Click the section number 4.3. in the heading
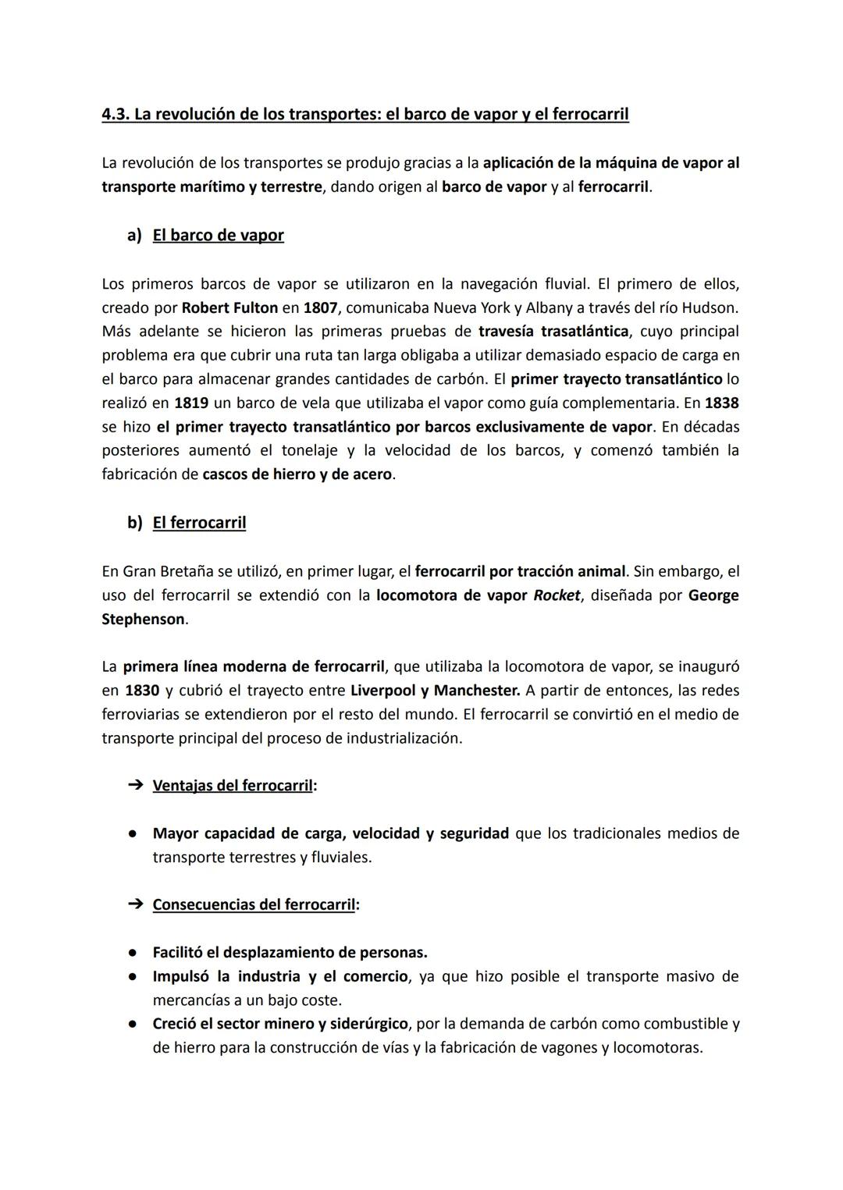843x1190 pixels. (116, 115)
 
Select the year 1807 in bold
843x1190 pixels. (321, 307)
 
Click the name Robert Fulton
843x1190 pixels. (229, 307)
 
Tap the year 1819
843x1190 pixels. (191, 403)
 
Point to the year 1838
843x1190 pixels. (721, 403)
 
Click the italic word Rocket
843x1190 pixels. (557, 595)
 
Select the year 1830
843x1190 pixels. (142, 691)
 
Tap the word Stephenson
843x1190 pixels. (144, 620)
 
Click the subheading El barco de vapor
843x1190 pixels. (218, 236)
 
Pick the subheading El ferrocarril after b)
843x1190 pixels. (199, 523)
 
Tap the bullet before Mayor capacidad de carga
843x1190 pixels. (134, 833)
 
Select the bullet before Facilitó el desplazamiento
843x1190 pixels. (134, 953)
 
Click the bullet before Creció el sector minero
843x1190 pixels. (134, 1024)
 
